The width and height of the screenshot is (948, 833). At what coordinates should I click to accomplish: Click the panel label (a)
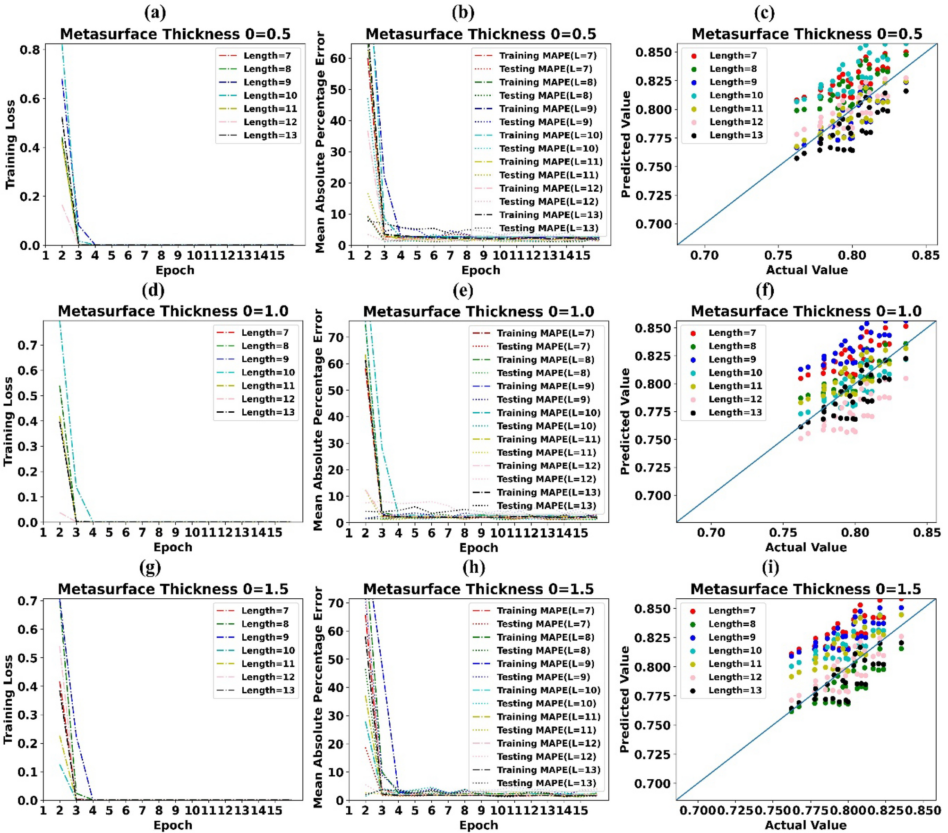point(155,13)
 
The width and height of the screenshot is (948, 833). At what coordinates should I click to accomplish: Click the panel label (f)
point(765,290)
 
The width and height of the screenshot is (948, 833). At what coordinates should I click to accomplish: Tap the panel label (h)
point(474,567)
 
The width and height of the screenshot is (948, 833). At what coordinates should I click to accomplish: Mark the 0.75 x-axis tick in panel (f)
point(783,533)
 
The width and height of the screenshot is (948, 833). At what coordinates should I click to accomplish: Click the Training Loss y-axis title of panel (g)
point(8,699)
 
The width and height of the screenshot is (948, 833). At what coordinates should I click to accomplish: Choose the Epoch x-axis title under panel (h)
point(478,825)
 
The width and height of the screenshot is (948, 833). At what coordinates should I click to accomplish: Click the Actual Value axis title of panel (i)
point(805,825)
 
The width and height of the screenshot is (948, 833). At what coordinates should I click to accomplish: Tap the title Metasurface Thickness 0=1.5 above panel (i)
point(805,589)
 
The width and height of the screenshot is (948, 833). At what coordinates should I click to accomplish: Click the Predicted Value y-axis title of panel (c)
point(625,144)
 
